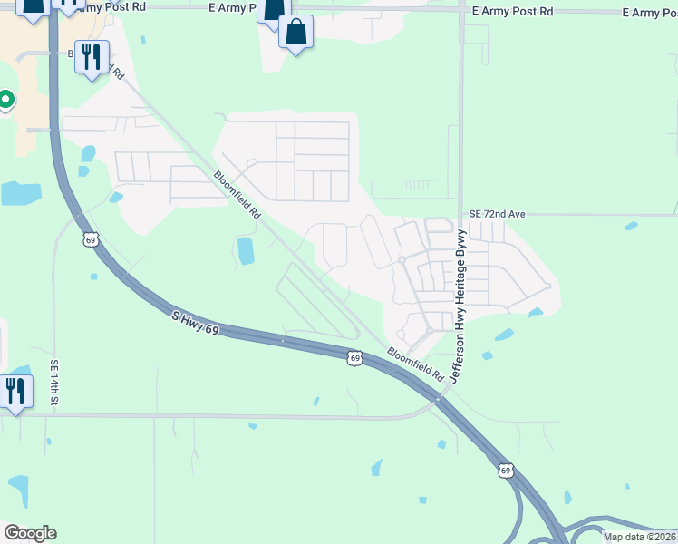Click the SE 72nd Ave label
click(x=496, y=213)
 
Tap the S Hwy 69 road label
click(x=195, y=321)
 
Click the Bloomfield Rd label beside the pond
click(x=237, y=195)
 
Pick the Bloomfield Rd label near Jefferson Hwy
click(x=414, y=364)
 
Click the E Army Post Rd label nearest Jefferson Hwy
click(x=513, y=12)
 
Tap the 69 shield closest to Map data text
click(x=506, y=471)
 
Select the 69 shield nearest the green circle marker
click(x=89, y=239)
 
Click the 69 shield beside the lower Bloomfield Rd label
click(x=355, y=358)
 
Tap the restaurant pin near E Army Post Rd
click(x=92, y=57)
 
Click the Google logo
click(x=30, y=533)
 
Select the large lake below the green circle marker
click(x=21, y=193)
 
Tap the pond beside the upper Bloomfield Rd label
click(x=245, y=250)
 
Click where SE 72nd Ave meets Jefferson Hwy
click(x=460, y=215)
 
